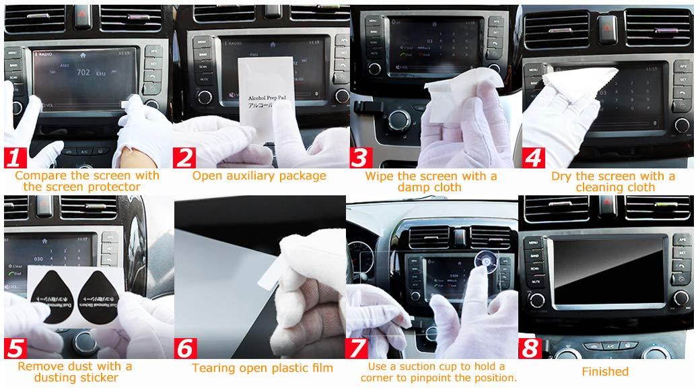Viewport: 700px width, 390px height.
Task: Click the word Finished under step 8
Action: (x=604, y=372)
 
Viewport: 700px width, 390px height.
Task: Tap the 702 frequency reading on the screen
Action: (x=85, y=71)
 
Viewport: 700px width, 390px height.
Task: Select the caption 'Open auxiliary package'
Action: (x=259, y=176)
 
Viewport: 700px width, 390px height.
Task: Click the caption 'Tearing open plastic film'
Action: (x=262, y=368)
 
